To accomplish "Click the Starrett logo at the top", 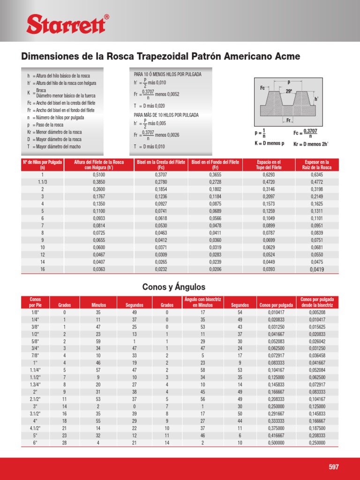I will pyautogui.click(x=67, y=23).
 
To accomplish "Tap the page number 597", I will pyautogui.click(x=334, y=467).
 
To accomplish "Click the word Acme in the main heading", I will pyautogui.click(x=284, y=57).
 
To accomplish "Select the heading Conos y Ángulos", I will pyautogui.click(x=173, y=287).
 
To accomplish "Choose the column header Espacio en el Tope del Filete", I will pyautogui.click(x=269, y=165).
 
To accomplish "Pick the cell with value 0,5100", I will pyautogui.click(x=97, y=174).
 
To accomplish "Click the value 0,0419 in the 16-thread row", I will pyautogui.click(x=317, y=270).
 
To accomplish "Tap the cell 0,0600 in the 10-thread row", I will pyautogui.click(x=97, y=247).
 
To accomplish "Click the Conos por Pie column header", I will pyautogui.click(x=35, y=302).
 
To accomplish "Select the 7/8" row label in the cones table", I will pyautogui.click(x=35, y=355).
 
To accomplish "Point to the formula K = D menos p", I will pyautogui.click(x=270, y=143).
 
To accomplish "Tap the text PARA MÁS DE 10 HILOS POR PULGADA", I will pyautogui.click(x=166, y=115).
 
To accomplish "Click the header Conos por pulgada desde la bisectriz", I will pyautogui.click(x=316, y=302).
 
